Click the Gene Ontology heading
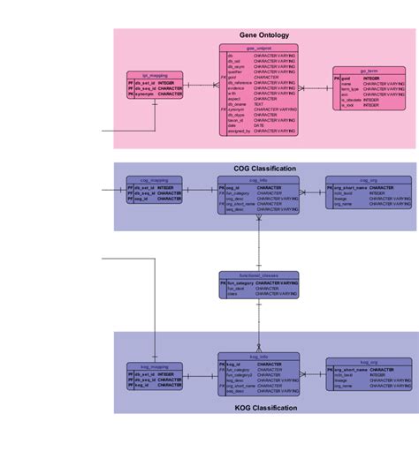tap(263, 35)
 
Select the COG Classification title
tap(263, 168)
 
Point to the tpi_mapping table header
tap(156, 74)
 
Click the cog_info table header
tap(259, 179)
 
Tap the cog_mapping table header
tap(155, 179)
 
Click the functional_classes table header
tap(259, 275)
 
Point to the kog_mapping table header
tap(155, 365)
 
